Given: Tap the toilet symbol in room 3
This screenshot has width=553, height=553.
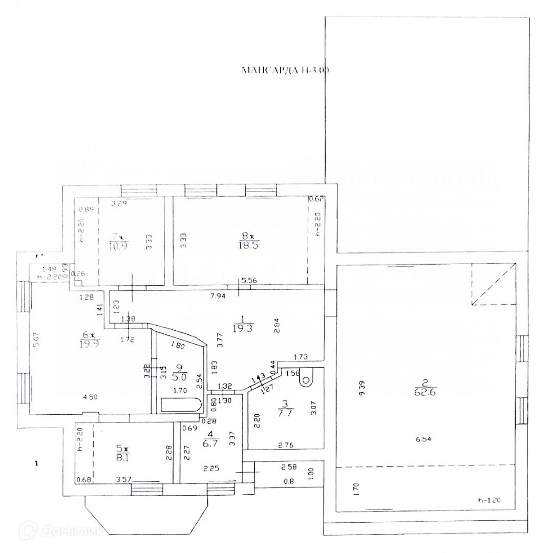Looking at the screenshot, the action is tap(307, 379).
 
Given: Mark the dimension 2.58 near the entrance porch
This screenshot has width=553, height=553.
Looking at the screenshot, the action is tap(289, 467).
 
